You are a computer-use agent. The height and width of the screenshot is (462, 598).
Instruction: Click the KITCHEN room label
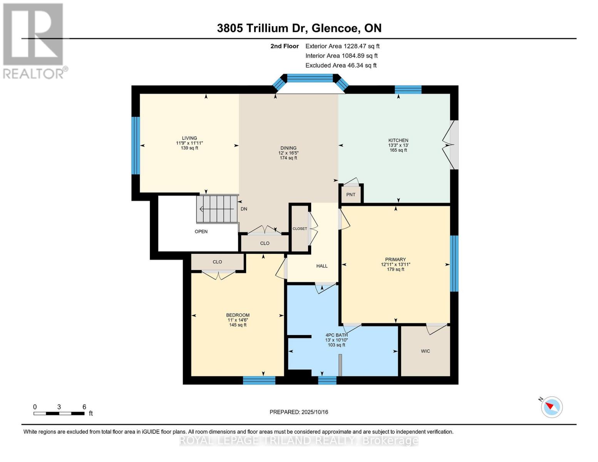click(398, 141)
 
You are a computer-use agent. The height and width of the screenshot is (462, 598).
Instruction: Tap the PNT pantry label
click(350, 195)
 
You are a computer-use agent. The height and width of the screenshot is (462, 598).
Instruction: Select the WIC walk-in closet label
click(425, 351)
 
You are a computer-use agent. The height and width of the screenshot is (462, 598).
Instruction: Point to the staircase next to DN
click(217, 209)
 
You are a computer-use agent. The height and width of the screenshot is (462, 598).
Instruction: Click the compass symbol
click(551, 407)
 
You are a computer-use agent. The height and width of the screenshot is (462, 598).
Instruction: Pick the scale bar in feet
click(59, 413)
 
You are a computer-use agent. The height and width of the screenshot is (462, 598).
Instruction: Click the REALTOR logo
click(34, 40)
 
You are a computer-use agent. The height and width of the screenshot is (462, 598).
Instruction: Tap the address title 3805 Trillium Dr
click(299, 28)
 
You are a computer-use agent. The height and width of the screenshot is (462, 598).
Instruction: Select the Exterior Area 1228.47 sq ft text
click(342, 46)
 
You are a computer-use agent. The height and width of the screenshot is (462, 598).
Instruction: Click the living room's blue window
click(135, 146)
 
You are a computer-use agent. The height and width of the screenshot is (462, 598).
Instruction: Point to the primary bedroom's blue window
click(454, 263)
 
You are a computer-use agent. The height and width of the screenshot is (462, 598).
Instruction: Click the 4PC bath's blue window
click(327, 380)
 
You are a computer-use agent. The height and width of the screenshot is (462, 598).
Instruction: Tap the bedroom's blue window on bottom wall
click(259, 380)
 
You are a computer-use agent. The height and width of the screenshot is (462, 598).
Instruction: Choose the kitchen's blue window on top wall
click(408, 90)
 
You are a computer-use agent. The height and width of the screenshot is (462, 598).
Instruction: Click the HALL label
click(322, 266)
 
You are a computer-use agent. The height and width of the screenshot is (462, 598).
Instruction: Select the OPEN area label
click(201, 232)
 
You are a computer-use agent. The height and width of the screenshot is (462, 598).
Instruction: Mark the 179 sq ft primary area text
click(395, 269)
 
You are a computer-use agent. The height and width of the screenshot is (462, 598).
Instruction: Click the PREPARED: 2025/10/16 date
click(299, 412)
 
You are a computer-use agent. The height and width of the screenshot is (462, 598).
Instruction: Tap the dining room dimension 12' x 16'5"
click(288, 153)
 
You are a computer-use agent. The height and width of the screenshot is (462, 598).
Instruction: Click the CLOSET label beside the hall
click(300, 229)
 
